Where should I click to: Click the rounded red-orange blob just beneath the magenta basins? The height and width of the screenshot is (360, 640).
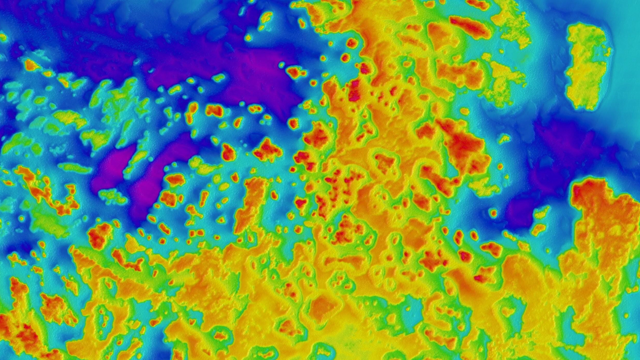point(98,235)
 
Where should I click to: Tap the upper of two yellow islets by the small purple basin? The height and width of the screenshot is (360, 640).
point(541,213)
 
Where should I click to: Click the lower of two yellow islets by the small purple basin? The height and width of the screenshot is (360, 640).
point(538,230)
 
